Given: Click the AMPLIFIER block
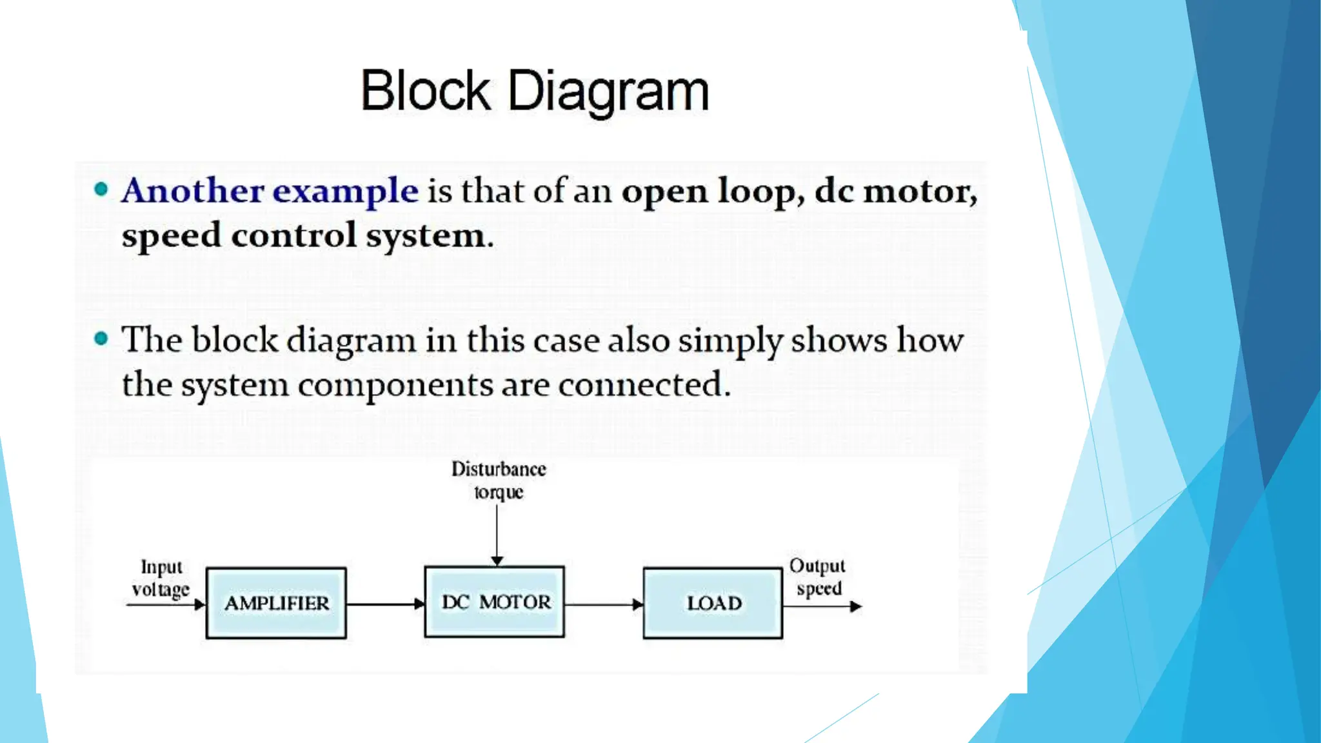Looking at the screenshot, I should pos(276,603).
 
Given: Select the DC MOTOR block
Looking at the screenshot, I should pos(495,602).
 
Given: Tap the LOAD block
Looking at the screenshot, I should pos(713,603).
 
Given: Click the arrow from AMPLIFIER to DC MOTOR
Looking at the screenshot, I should pos(385,604).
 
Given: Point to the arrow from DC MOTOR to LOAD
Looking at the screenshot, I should pos(604,604).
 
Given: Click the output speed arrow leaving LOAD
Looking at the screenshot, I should pos(822,606).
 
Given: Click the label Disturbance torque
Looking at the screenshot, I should pos(499,480).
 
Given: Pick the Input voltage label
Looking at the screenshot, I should pos(161,578).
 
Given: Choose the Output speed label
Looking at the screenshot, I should pos(817,577).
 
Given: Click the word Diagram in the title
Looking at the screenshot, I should pos(608,92).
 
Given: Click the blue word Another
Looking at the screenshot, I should pos(192,191).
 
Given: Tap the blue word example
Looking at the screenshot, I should pos(346,192).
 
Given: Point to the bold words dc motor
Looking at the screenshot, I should pos(895,192).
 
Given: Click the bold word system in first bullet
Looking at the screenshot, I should pos(426,236).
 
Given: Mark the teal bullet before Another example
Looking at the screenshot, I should pos(101,189).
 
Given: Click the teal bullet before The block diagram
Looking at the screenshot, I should pos(101,338).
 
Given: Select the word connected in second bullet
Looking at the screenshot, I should pos(643,385).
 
